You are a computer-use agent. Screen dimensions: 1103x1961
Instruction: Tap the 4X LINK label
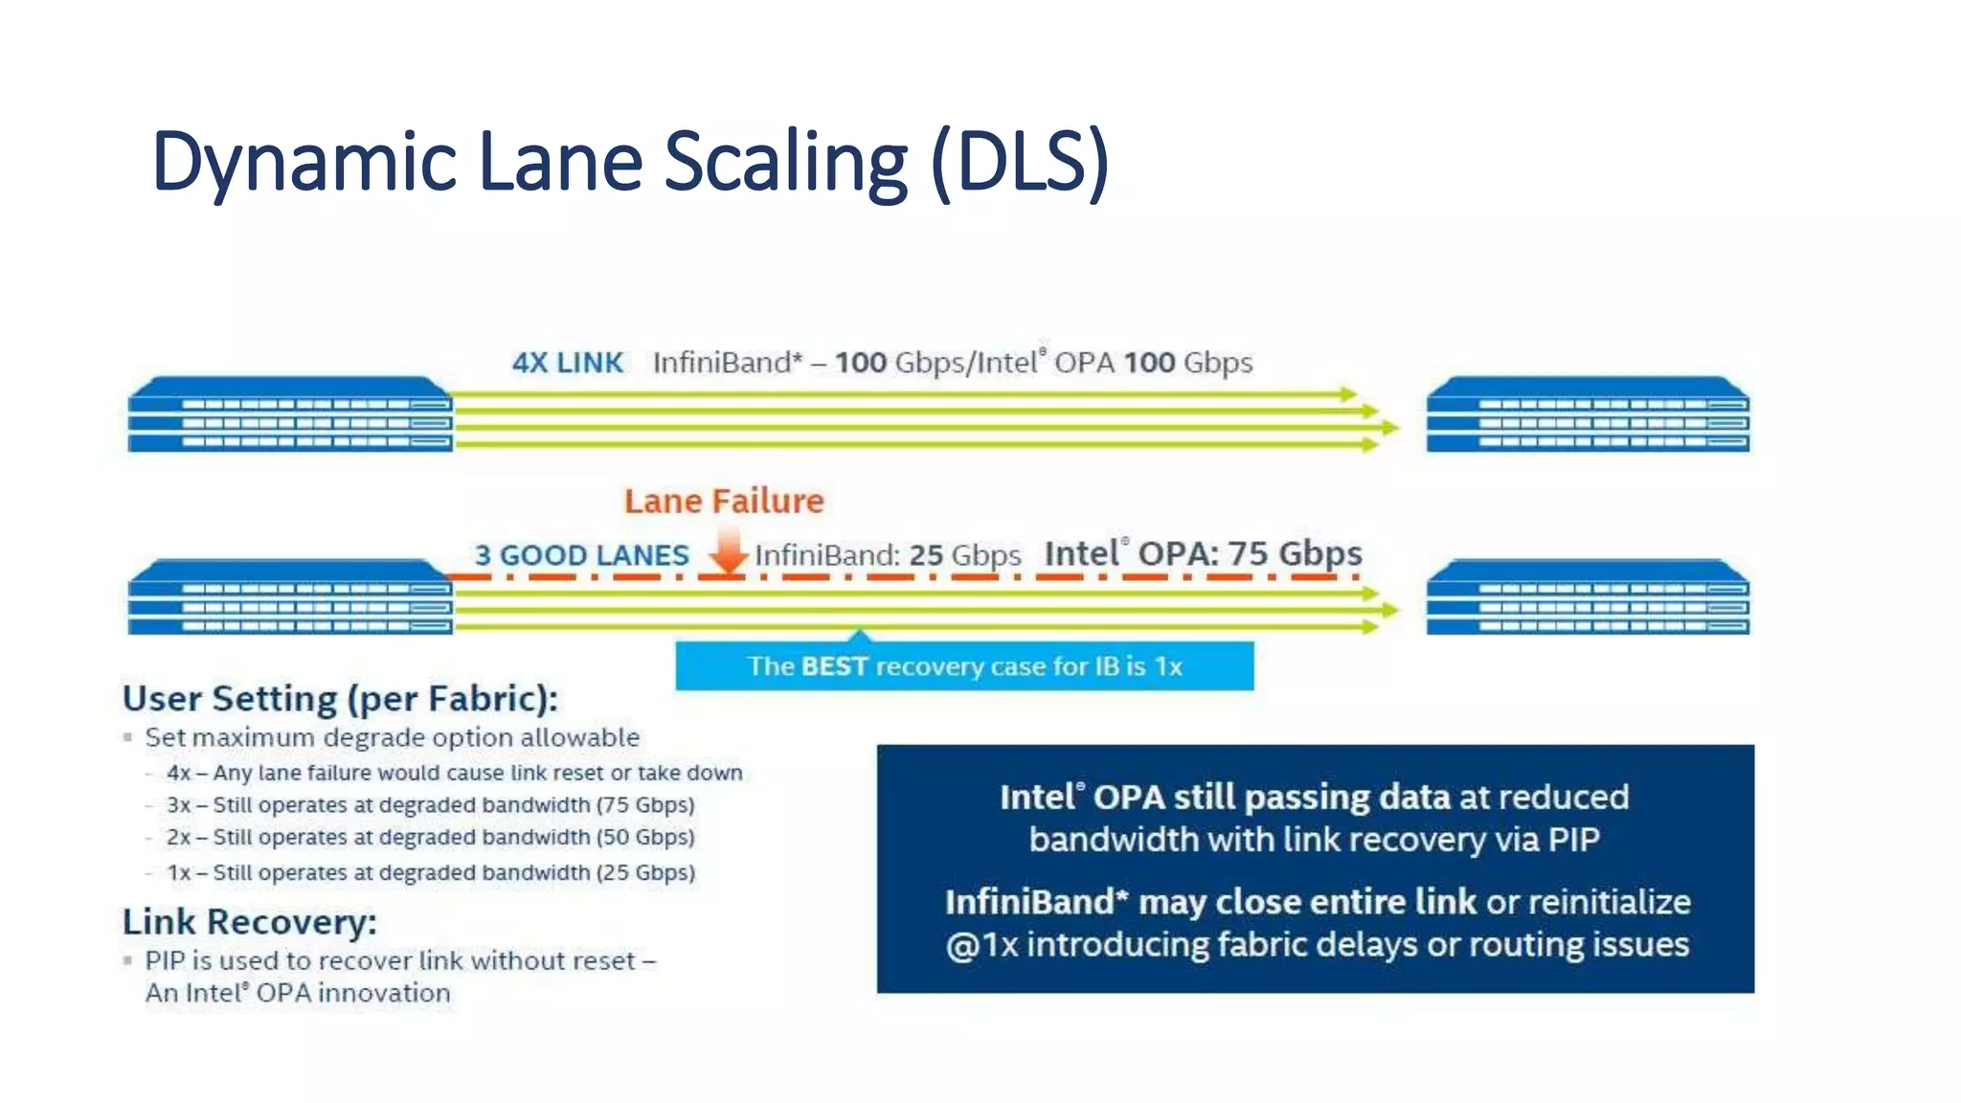(567, 363)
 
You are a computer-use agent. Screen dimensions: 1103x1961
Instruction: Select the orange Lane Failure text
(724, 501)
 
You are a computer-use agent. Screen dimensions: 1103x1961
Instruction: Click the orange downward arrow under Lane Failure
(729, 552)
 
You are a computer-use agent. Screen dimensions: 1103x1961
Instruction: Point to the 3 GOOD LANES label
(581, 555)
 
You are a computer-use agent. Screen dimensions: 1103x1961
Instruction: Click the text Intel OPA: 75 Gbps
(1203, 553)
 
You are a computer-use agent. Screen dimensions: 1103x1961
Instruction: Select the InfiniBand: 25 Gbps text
(888, 555)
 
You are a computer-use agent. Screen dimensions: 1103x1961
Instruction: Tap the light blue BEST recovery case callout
(964, 666)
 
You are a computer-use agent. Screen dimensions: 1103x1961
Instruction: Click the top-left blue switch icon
(289, 414)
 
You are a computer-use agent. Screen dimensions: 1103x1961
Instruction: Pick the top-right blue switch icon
(1588, 414)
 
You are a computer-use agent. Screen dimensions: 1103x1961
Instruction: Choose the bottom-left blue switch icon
(289, 597)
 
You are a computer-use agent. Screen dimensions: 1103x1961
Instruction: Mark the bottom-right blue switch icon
(1588, 597)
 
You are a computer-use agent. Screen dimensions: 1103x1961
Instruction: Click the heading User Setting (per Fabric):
(340, 699)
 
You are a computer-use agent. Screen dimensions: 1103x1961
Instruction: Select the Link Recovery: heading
(249, 922)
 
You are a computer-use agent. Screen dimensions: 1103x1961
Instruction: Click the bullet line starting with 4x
(454, 773)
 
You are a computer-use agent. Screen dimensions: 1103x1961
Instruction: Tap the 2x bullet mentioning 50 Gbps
(430, 838)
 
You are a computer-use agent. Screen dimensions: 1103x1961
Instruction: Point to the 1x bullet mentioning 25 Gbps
(430, 873)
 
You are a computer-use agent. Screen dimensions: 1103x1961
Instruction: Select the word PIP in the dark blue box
(1573, 840)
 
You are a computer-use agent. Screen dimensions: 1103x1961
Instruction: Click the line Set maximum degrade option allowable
(392, 738)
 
